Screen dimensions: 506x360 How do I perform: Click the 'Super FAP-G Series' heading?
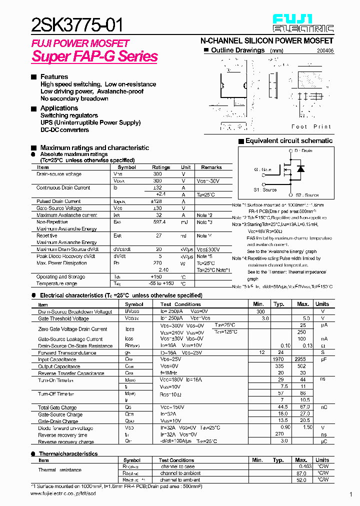(94, 56)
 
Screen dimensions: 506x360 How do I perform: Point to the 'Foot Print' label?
(311, 127)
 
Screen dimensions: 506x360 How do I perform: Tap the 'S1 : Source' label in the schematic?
(264, 190)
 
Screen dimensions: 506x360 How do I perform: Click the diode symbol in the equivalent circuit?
(300, 169)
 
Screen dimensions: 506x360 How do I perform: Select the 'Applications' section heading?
(59, 108)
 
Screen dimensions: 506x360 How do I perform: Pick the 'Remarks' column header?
(211, 167)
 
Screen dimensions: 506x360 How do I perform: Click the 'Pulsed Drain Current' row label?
(58, 201)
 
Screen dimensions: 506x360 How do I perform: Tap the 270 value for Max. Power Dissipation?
(157, 263)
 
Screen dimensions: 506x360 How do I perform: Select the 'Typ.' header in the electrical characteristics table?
(279, 304)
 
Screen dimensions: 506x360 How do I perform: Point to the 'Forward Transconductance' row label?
(67, 352)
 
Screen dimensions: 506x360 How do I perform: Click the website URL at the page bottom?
(63, 493)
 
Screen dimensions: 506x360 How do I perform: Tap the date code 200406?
(325, 51)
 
